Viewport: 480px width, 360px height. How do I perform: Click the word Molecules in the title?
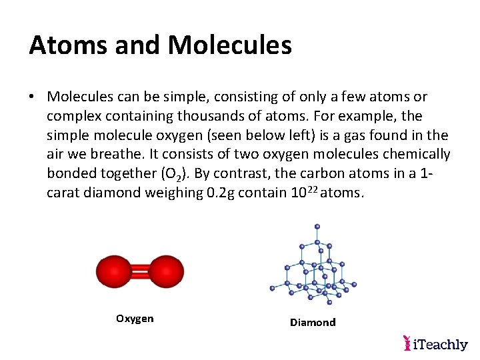click(x=230, y=45)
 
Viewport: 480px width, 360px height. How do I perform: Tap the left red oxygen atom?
click(x=114, y=271)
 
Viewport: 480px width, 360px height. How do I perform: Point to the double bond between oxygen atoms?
click(x=140, y=271)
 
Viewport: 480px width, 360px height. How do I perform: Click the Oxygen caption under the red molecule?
click(x=135, y=319)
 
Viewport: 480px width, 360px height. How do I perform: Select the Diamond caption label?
click(x=313, y=323)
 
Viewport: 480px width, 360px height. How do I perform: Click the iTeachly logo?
click(x=436, y=344)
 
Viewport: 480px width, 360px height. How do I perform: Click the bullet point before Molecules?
click(x=32, y=97)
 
